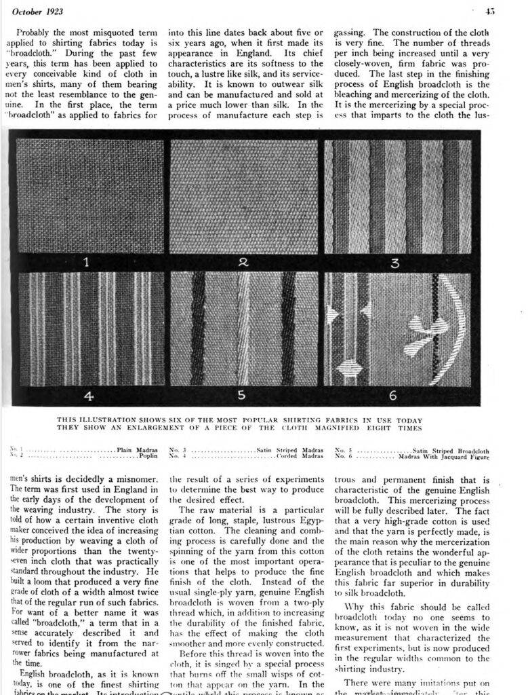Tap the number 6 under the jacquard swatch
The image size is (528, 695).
(393, 395)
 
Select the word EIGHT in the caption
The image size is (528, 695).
(366, 428)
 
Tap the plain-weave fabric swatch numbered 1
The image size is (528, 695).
(90, 195)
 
